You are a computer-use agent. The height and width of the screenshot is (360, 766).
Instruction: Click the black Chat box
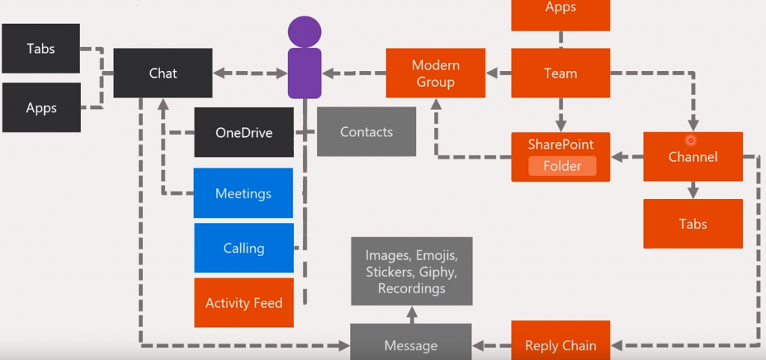[x=162, y=73]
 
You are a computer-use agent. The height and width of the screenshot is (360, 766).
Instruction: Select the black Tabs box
[x=41, y=49]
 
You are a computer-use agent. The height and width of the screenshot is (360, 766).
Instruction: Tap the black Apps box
[x=41, y=109]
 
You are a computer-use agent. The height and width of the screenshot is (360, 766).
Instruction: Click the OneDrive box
[x=244, y=132]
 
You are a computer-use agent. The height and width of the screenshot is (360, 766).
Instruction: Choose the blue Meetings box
[x=243, y=193]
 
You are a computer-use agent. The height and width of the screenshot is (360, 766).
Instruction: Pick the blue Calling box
[x=244, y=248]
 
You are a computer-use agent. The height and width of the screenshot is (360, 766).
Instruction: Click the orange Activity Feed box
[x=244, y=303]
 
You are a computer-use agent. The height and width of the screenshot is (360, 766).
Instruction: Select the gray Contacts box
[x=367, y=132]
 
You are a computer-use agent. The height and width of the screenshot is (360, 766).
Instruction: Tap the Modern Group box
[x=435, y=73]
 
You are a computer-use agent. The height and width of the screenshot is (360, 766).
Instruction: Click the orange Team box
[x=560, y=73]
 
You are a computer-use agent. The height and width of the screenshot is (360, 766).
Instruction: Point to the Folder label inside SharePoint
[x=562, y=166]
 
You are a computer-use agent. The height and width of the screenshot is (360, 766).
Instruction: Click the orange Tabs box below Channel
[x=693, y=224]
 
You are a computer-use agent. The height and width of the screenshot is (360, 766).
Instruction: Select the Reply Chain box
[x=560, y=344]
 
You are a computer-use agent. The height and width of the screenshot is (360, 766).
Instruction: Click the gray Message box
[x=411, y=344]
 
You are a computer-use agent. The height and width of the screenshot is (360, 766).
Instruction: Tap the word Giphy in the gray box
[x=438, y=272]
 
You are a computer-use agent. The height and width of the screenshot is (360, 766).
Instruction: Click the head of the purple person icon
[x=304, y=31]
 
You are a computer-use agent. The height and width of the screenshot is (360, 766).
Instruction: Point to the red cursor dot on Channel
[x=690, y=140]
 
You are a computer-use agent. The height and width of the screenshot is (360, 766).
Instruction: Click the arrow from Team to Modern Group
[x=498, y=73]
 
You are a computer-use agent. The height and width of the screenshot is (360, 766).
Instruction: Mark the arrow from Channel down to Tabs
[x=693, y=190]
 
